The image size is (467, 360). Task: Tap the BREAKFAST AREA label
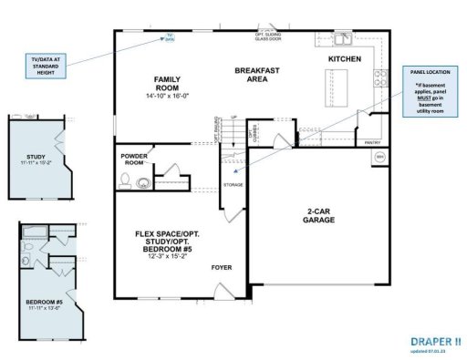(254, 75)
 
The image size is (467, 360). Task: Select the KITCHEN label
(345, 59)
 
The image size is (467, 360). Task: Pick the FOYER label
(222, 268)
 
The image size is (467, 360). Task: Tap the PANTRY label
(371, 143)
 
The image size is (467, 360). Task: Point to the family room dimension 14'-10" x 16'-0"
(170, 97)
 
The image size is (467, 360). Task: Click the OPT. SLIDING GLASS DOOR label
(270, 37)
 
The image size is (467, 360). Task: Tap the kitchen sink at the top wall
(343, 39)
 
